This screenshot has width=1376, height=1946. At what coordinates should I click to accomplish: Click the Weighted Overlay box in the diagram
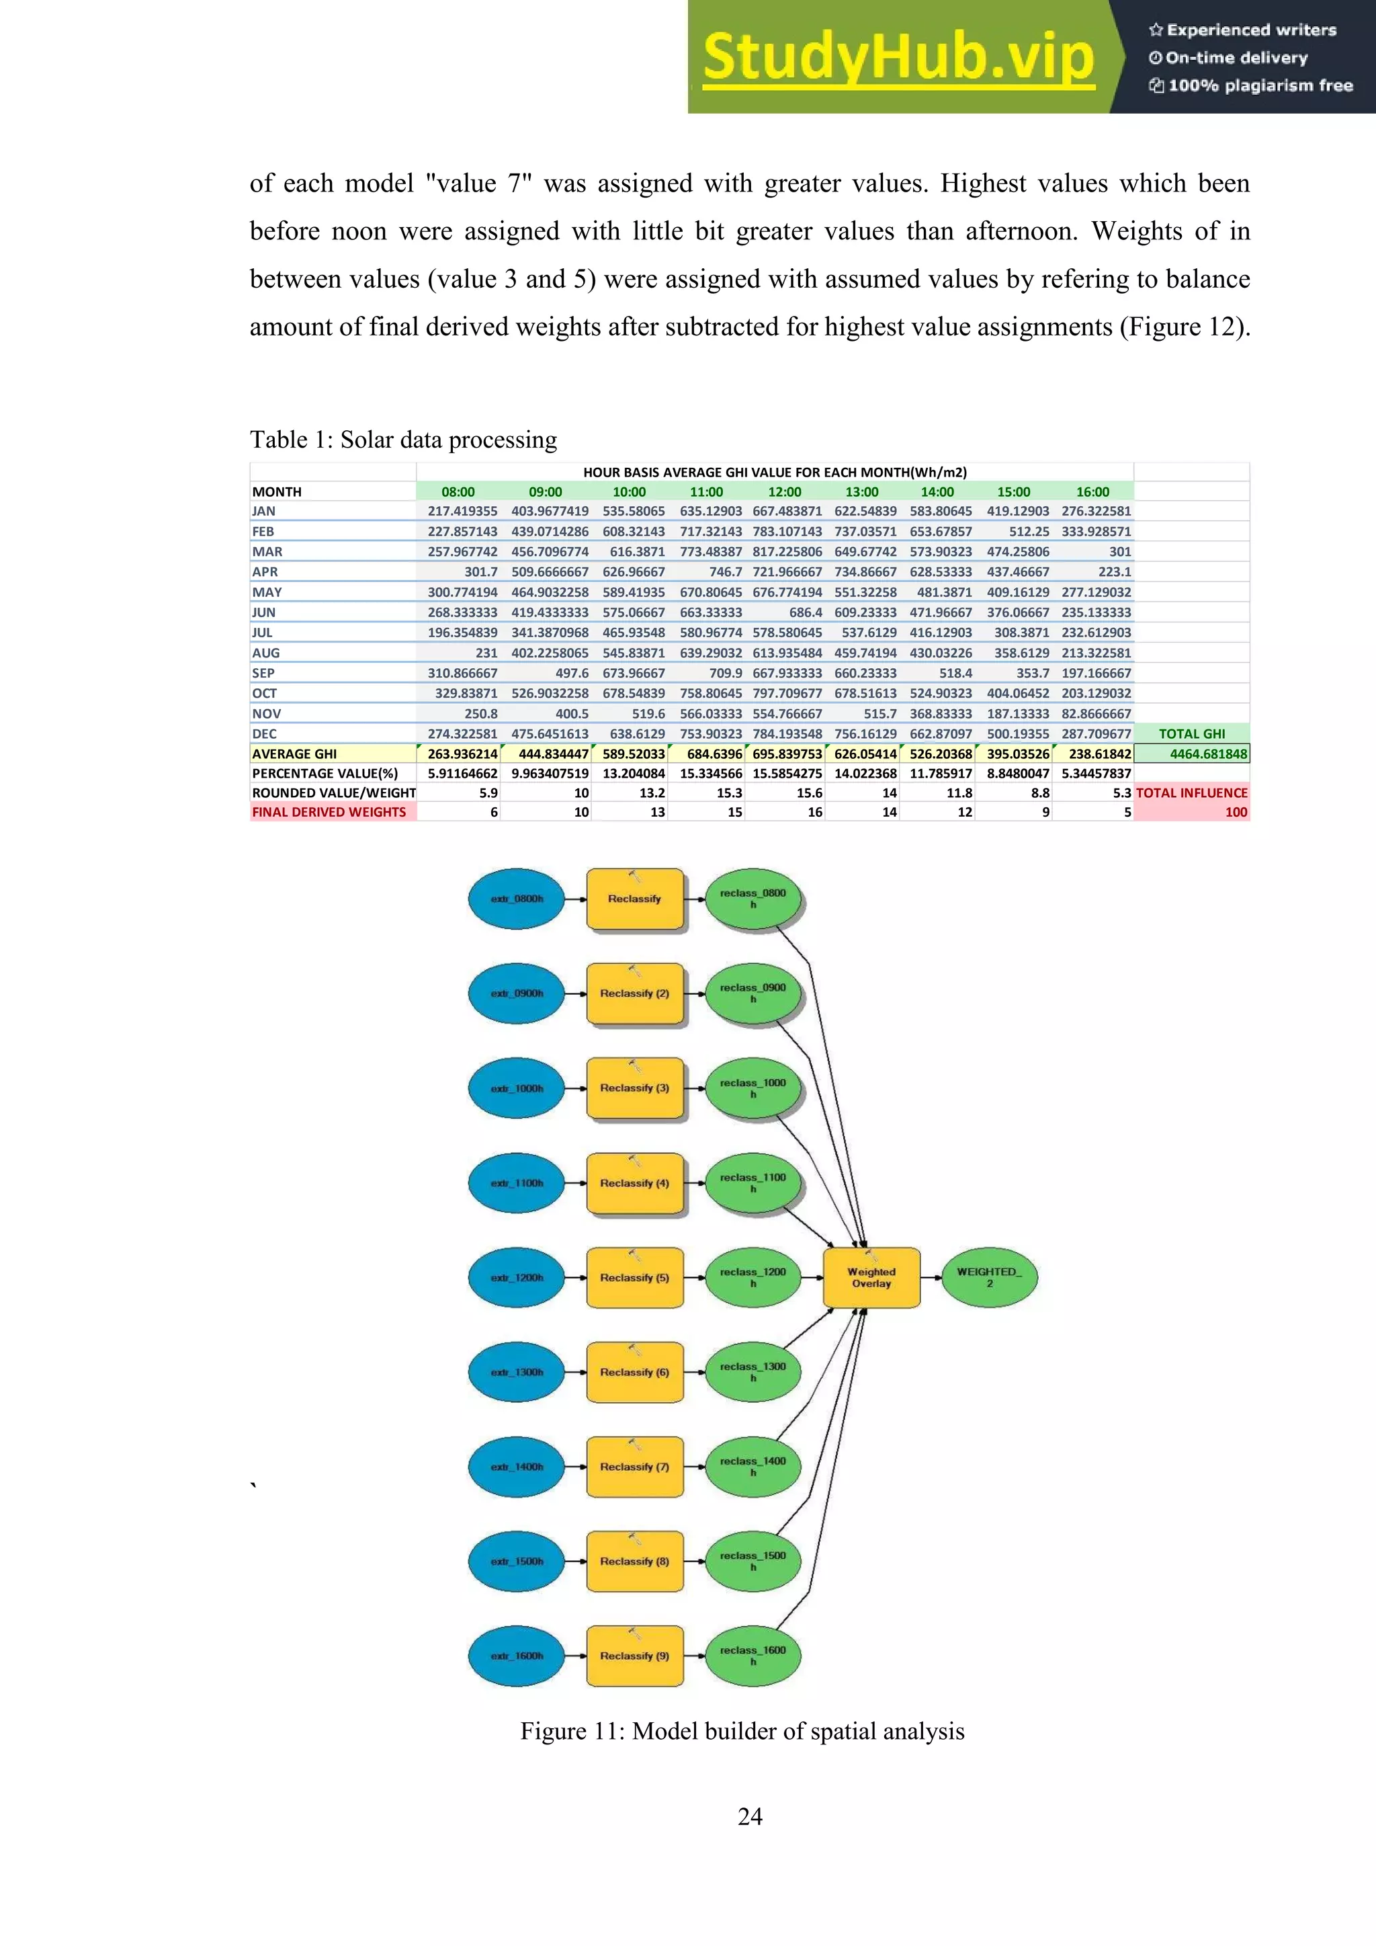coord(871,1277)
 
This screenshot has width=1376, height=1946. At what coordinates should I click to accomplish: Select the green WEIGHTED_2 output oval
coord(989,1277)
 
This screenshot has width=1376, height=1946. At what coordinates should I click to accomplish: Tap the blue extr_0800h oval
coord(516,899)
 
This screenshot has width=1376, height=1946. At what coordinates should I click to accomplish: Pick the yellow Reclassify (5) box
coord(635,1277)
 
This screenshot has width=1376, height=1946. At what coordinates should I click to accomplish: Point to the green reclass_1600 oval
coord(752,1656)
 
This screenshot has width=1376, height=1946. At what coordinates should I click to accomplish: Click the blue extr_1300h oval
coord(516,1372)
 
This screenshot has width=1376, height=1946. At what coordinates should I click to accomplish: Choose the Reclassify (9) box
coord(635,1656)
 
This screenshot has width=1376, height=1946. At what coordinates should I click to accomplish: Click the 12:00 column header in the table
coord(785,491)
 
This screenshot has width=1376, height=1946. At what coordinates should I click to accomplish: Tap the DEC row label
coord(264,734)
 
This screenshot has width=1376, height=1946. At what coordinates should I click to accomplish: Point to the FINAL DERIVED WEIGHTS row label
coord(329,812)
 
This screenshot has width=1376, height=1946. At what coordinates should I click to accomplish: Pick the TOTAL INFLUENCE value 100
coord(1236,812)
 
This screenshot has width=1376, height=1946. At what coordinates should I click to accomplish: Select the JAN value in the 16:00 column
coord(1096,511)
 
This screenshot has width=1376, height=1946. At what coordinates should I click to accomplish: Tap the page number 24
coord(750,1816)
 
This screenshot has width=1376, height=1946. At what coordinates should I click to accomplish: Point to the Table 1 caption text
coord(403,439)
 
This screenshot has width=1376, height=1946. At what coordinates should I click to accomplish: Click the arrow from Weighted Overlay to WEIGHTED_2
coord(931,1277)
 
